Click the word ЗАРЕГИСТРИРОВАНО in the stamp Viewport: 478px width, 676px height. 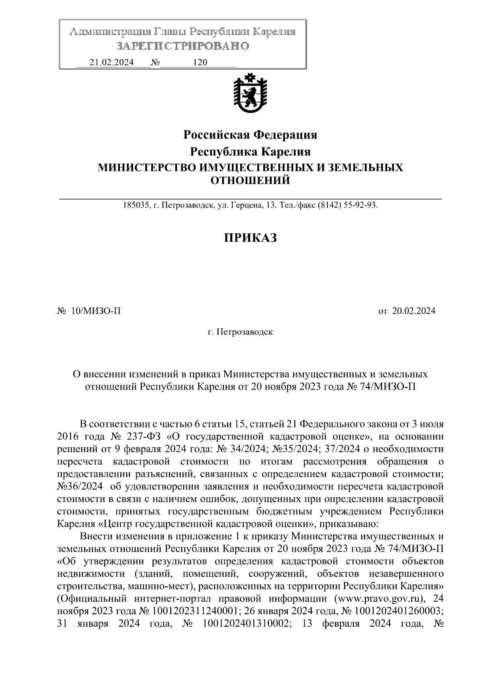[x=182, y=46]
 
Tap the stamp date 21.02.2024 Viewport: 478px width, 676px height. [x=112, y=63]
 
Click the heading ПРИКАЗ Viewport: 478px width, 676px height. [x=250, y=238]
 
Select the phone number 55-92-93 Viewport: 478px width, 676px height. [x=360, y=206]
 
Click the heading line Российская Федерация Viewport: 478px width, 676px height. [x=250, y=135]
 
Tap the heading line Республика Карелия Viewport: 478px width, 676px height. [x=250, y=152]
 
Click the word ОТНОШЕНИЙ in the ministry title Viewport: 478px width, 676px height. [x=250, y=181]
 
